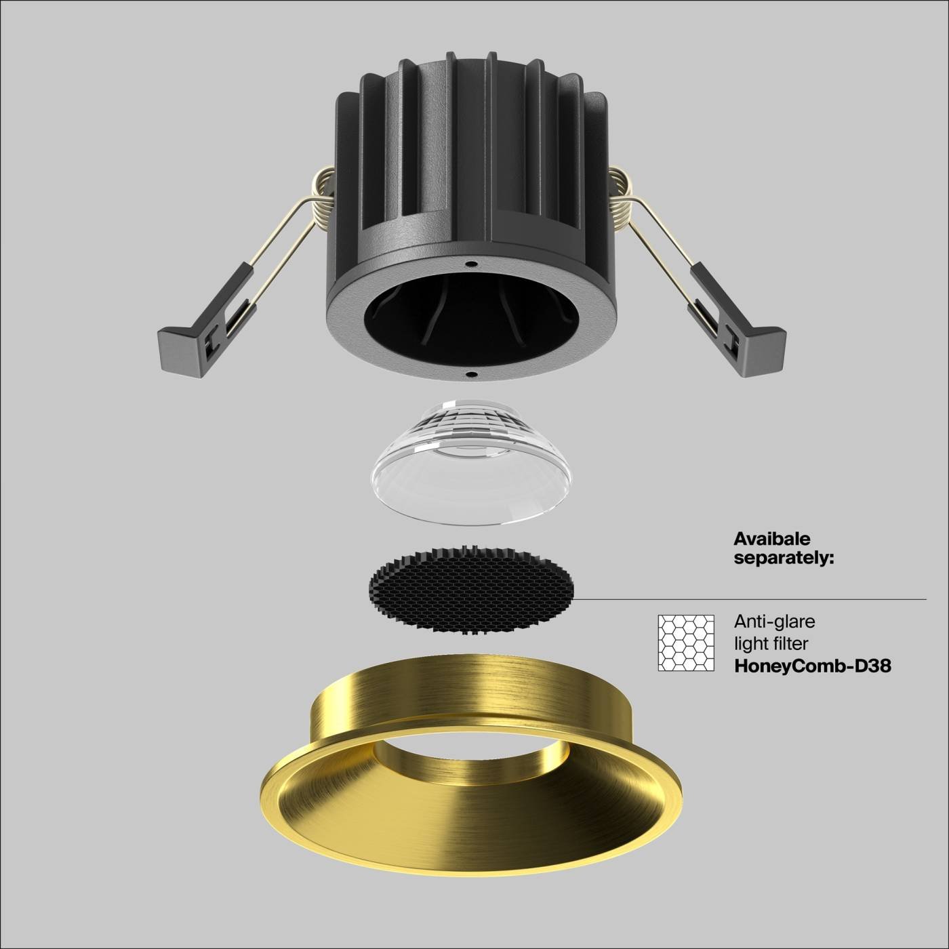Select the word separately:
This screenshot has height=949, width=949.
coord(784,559)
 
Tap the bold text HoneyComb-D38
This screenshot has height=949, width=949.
coord(813,666)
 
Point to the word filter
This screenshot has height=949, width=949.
coord(788,643)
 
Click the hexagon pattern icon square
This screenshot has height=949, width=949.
coord(686,643)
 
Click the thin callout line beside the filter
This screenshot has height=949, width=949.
coord(746,599)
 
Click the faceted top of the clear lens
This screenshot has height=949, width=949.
coord(470,424)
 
